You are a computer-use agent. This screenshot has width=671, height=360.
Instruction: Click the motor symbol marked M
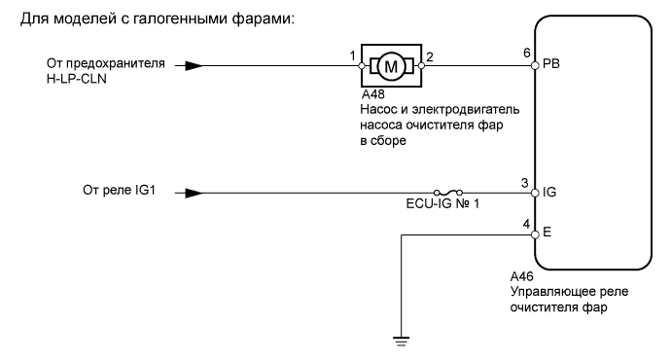392,67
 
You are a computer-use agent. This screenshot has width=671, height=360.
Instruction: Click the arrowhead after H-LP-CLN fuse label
194,67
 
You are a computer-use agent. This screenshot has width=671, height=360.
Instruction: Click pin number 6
525,54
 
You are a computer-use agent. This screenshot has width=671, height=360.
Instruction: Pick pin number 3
525,181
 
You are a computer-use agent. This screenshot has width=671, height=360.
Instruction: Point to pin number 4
525,223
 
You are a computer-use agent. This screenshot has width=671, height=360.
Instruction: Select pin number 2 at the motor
431,55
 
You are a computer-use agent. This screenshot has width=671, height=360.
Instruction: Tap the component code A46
523,275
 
